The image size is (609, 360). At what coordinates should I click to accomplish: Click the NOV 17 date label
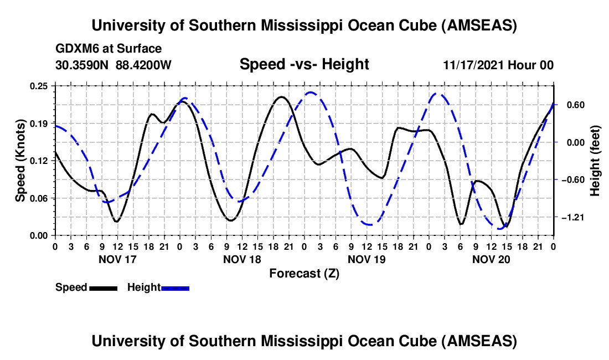pos(117,259)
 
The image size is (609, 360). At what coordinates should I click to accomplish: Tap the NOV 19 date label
pos(367,259)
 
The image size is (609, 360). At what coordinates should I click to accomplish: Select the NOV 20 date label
pos(491,259)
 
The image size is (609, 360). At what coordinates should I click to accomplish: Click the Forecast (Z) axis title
pos(304,273)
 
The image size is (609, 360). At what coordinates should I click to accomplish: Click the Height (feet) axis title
pos(596,161)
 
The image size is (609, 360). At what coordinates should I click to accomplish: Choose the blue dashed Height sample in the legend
pos(175,287)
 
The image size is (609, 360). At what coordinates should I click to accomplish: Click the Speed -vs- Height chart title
pos(304,64)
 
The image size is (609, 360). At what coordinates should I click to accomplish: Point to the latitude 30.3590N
pos(82,65)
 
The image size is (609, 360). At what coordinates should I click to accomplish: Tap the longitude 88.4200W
pos(144,65)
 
